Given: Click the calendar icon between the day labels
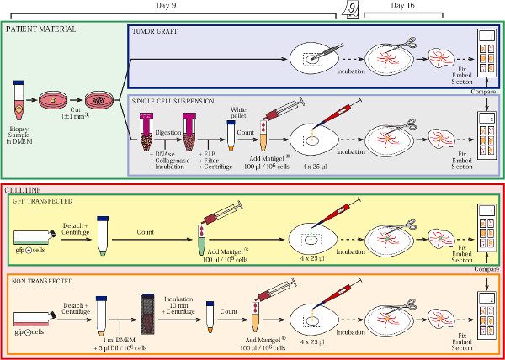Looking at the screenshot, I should pyautogui.click(x=354, y=8).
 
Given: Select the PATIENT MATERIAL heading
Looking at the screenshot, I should pyautogui.click(x=40, y=29).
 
